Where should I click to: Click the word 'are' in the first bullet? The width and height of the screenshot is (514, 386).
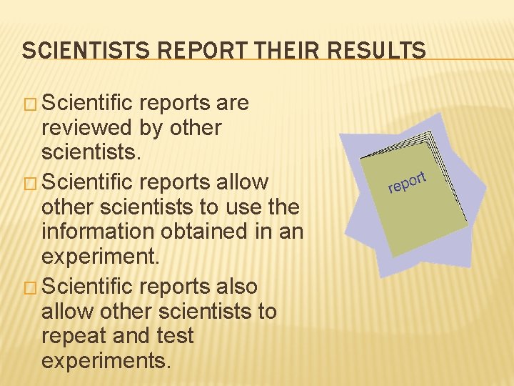(x=233, y=103)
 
